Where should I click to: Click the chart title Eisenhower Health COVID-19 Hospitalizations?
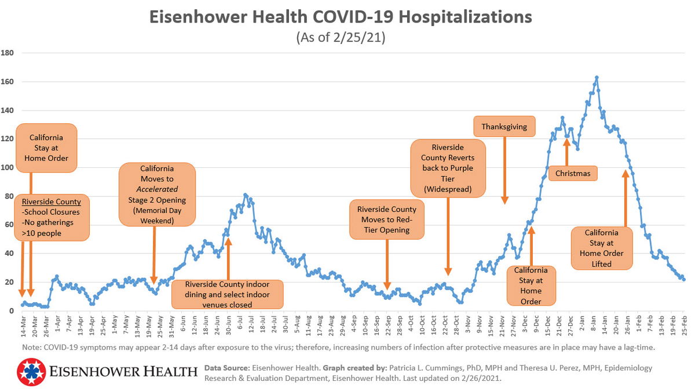click(341, 17)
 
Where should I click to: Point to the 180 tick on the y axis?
click(8, 53)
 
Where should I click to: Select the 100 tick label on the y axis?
click(8, 168)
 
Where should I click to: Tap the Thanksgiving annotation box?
click(504, 127)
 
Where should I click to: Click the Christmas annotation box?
click(573, 173)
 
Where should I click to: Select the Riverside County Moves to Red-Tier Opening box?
click(387, 219)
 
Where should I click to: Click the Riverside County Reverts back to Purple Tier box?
click(448, 168)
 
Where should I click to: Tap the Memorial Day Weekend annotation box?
click(157, 194)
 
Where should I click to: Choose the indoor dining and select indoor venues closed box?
click(228, 295)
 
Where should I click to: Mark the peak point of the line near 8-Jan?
click(597, 77)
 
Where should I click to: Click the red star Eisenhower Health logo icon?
click(32, 372)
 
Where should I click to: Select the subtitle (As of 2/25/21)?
click(341, 38)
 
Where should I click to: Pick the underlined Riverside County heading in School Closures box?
click(51, 202)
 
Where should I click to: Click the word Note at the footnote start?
click(32, 347)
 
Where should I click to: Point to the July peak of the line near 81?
click(245, 195)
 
